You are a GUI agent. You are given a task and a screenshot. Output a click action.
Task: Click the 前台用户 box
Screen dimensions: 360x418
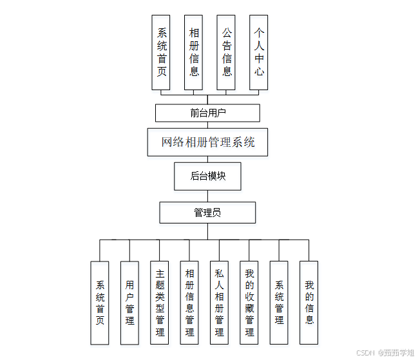point(207,113)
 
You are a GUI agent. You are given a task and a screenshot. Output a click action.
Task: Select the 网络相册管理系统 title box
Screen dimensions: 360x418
point(207,142)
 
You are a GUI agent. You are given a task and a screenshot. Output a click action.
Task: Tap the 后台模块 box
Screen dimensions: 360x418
point(207,176)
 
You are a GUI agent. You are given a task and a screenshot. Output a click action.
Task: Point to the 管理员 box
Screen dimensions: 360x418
point(207,213)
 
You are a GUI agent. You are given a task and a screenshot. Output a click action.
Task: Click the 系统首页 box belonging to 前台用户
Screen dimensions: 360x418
point(161,52)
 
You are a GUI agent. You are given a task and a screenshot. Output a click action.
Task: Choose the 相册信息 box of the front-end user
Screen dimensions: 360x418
point(194,52)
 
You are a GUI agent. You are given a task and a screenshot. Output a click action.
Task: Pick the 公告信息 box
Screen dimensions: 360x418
point(227,52)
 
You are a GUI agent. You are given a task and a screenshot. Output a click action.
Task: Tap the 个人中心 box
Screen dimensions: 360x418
point(259,52)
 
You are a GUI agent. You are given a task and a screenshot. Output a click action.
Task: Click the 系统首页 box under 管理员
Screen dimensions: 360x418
point(100,303)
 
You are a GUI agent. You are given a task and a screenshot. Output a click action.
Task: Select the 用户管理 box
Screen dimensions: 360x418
point(129,303)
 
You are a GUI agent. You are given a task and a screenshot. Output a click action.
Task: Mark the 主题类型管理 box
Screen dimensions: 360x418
point(160,303)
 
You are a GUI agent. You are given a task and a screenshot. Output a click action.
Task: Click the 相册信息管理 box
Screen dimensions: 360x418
point(189,303)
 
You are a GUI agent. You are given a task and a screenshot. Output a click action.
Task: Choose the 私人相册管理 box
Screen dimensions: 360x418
point(219,303)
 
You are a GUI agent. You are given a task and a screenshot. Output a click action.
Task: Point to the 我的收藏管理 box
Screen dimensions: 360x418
point(249,303)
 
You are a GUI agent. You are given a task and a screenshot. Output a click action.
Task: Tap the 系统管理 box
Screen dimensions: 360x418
point(279,303)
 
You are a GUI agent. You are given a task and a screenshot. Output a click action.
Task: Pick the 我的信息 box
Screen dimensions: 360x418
point(309,303)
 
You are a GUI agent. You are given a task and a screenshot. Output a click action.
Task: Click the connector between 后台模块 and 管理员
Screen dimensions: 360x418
point(207,196)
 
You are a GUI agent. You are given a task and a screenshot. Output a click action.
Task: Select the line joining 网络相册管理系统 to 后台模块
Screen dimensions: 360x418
point(207,159)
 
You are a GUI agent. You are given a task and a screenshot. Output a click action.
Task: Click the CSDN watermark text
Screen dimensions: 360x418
point(365,353)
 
